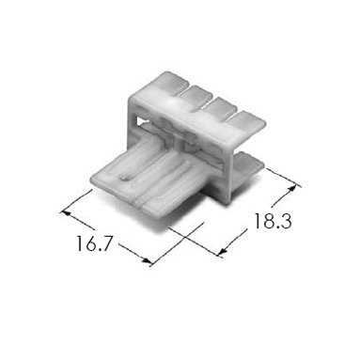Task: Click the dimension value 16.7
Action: tap(94, 243)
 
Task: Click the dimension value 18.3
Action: tap(273, 221)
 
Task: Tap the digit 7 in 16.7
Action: tap(105, 243)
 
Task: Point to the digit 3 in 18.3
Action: tap(285, 221)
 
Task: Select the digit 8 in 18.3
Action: tap(267, 221)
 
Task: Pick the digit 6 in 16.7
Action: tap(90, 243)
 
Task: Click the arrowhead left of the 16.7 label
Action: tap(65, 212)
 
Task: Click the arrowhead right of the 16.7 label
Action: tap(146, 260)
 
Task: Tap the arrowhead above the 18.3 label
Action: tap(292, 189)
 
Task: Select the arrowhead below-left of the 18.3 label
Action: tap(223, 251)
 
